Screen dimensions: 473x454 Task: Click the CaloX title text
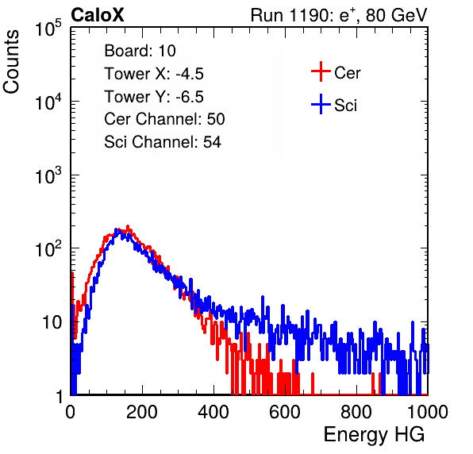click(97, 15)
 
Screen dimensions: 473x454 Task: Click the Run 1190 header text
click(339, 15)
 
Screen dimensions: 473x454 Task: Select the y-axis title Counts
click(11, 62)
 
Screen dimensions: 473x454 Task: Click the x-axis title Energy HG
click(374, 434)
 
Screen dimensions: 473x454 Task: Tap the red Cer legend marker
click(321, 71)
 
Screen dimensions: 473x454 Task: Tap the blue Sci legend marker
click(321, 104)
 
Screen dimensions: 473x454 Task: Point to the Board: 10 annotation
click(140, 51)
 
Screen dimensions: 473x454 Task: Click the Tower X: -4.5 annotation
click(154, 74)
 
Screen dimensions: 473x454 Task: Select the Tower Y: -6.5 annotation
click(154, 97)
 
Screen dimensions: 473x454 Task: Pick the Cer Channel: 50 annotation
click(164, 119)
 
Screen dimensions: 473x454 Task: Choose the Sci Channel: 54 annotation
click(163, 142)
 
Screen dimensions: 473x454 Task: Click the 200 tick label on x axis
click(142, 412)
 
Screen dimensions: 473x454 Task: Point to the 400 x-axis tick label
click(213, 412)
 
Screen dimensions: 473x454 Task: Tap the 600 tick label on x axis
click(285, 412)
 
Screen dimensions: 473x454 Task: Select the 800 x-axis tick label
click(356, 412)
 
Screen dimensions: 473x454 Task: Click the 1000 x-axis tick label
click(428, 412)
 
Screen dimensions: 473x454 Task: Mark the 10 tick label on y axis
click(52, 322)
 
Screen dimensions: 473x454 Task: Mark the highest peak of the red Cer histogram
click(128, 225)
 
